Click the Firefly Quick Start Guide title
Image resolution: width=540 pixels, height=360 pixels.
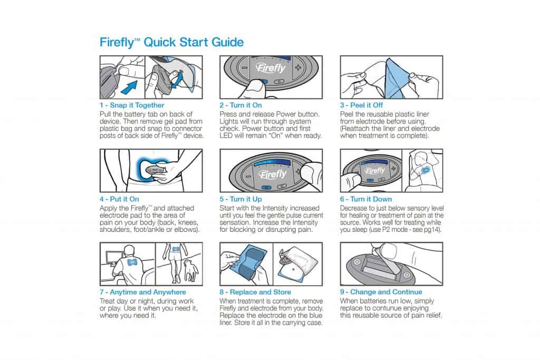click(x=171, y=42)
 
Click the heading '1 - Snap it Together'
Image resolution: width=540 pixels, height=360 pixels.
click(x=132, y=105)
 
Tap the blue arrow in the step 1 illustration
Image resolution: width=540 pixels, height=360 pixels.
click(x=129, y=87)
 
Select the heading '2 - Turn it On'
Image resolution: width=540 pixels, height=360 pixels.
click(x=240, y=105)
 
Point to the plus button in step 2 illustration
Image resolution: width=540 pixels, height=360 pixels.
click(x=298, y=67)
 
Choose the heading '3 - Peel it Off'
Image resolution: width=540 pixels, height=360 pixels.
click(x=361, y=105)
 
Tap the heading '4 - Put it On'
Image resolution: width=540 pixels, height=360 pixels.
click(x=119, y=199)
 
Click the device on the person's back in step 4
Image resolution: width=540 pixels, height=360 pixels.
click(x=154, y=170)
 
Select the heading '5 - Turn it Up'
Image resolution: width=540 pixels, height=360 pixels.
click(x=240, y=199)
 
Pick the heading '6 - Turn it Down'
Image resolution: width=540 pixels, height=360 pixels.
click(x=366, y=199)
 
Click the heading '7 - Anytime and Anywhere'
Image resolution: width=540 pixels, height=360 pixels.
click(x=143, y=292)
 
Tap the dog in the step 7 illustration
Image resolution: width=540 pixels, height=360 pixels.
click(x=190, y=270)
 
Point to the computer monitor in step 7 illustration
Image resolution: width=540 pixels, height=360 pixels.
click(x=113, y=259)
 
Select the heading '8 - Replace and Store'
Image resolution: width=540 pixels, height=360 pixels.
click(x=255, y=292)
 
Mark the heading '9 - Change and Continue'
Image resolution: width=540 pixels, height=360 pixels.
click(x=381, y=292)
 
